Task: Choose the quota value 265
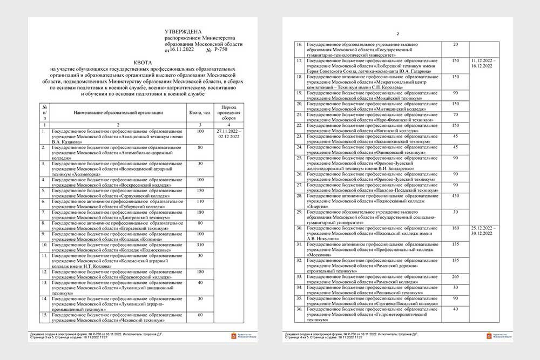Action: click(x=455, y=276)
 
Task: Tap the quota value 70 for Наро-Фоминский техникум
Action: click(x=455, y=114)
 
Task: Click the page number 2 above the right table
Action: click(x=397, y=33)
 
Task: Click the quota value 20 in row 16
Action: click(x=455, y=44)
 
